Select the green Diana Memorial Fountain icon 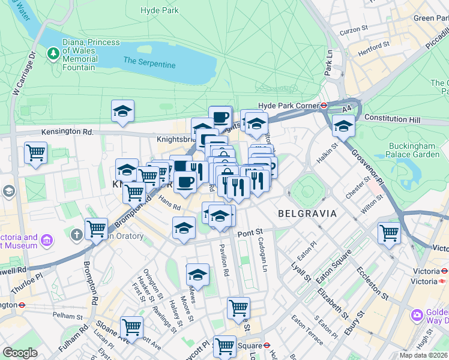(x=54, y=53)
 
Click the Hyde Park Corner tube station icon (x=324, y=104)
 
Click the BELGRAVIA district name (x=307, y=213)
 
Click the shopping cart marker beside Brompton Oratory (x=96, y=228)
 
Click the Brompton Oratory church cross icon (x=76, y=235)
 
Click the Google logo (x=20, y=353)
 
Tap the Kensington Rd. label (x=67, y=131)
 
